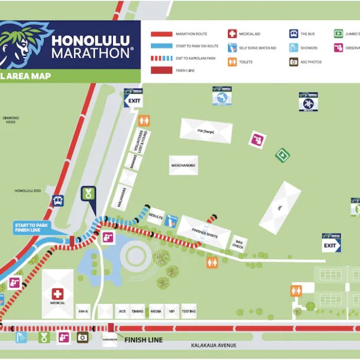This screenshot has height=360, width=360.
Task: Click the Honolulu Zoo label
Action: (26, 191)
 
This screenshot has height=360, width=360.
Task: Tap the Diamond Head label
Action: (11, 121)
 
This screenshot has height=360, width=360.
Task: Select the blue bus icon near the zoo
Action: (58, 201)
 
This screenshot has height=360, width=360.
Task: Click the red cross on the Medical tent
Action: (58, 294)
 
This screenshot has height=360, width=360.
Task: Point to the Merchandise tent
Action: (183, 165)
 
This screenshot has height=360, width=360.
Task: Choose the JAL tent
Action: (280, 207)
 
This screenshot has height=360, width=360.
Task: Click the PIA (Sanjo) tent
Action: (206, 131)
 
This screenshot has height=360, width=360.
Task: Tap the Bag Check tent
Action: (238, 242)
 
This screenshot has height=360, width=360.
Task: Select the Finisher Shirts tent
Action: (204, 232)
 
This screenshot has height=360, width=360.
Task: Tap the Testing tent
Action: (188, 311)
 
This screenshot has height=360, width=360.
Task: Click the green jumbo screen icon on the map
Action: (282, 155)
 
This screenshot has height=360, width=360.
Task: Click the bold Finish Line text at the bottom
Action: (143, 340)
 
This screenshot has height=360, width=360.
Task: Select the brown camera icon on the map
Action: (82, 337)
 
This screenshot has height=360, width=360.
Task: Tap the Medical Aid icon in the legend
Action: (232, 34)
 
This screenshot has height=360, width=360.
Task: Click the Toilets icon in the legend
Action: (232, 61)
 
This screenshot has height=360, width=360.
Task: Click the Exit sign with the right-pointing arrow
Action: (331, 245)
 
